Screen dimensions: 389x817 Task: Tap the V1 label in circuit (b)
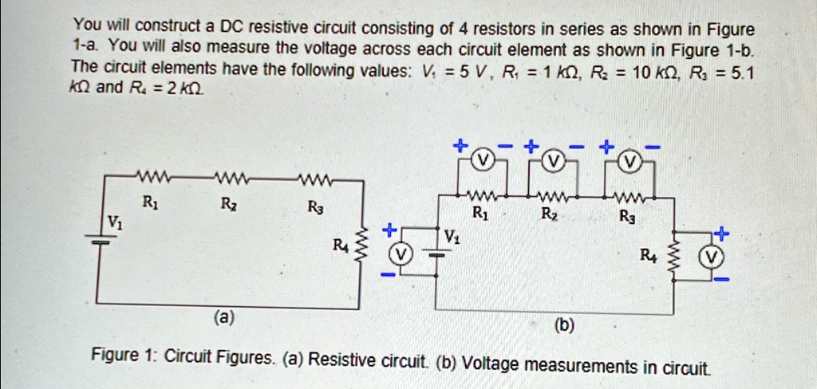(452, 236)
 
